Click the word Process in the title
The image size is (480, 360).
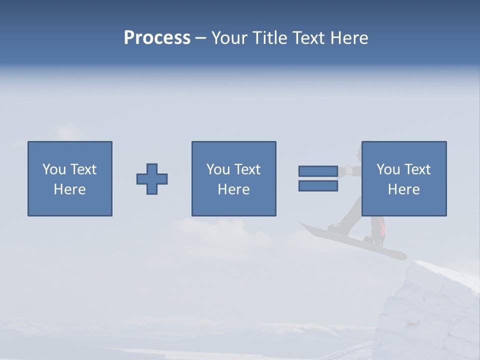click(157, 38)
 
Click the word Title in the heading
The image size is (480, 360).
click(268, 38)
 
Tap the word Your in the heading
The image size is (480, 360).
click(229, 38)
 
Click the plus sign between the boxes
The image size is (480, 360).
click(152, 179)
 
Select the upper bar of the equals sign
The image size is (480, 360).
click(318, 171)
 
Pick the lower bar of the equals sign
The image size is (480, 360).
click(318, 186)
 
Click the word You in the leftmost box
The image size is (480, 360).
click(54, 169)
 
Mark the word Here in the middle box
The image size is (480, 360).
click(233, 189)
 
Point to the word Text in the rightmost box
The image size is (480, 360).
click(417, 169)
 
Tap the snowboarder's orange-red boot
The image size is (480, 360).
click(381, 227)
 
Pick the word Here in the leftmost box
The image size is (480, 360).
click(70, 189)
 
